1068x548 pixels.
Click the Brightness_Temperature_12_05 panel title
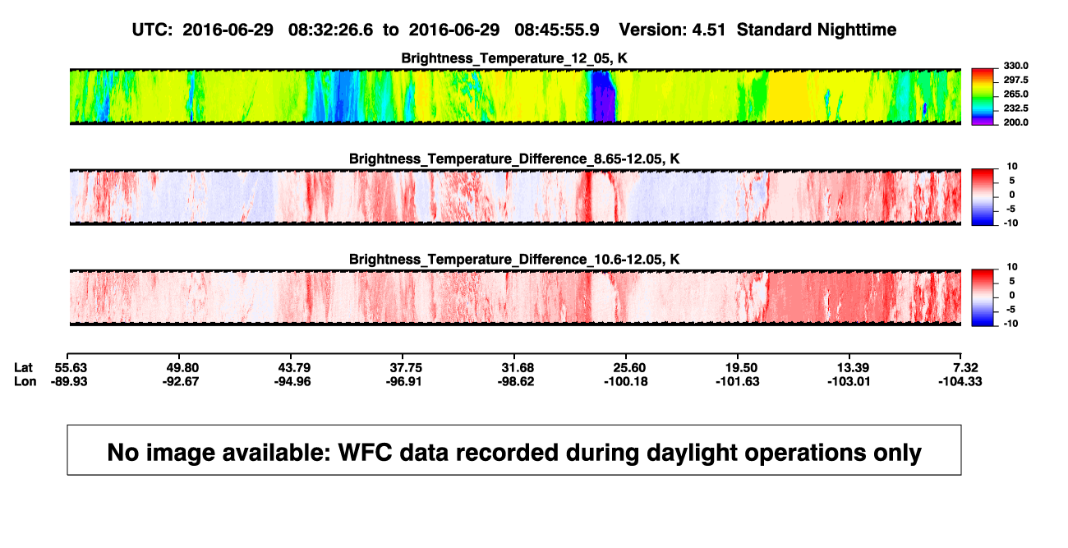pos(514,58)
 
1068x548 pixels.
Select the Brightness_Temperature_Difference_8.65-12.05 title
pos(514,159)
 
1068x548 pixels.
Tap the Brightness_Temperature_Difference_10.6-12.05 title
pos(514,260)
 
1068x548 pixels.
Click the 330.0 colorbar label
pos(1015,66)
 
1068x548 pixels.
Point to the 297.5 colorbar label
pos(1015,80)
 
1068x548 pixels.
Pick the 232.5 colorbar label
pos(1015,108)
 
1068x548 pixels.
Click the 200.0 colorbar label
pos(1015,122)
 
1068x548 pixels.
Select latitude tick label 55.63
pos(71,368)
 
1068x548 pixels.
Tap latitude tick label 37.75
pos(406,368)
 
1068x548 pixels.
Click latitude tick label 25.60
pos(629,368)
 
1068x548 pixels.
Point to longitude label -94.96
pos(292,381)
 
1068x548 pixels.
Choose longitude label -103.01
pos(849,381)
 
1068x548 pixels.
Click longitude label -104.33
pos(960,381)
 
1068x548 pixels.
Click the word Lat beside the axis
pos(23,368)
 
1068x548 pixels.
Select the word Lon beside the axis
pos(25,381)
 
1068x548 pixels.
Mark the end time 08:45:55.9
pos(557,30)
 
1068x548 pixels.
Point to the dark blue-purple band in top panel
pos(604,96)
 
